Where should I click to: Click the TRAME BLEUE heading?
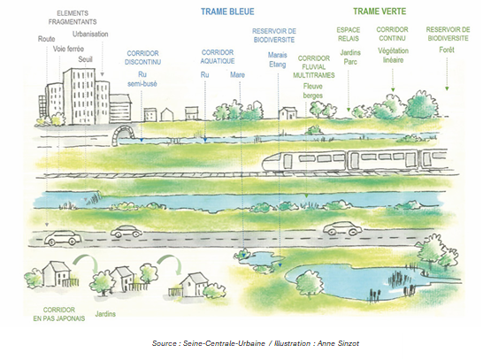(x=227, y=11)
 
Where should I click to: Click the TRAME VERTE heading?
(x=379, y=11)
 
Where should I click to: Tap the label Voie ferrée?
(x=68, y=49)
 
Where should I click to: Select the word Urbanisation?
(x=90, y=34)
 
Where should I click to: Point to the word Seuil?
(x=85, y=59)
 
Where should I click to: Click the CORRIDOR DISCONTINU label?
(x=142, y=57)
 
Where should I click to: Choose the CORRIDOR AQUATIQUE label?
(x=218, y=57)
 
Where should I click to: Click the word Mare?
(x=237, y=75)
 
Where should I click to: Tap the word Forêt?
(x=447, y=50)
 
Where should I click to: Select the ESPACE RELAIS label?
(x=349, y=34)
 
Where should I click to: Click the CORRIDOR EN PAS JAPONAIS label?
(x=59, y=314)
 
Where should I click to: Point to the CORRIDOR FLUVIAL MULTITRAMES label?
(x=313, y=67)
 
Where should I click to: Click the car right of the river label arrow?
(x=342, y=228)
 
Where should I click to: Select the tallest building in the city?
(x=79, y=96)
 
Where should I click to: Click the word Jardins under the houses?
(x=105, y=314)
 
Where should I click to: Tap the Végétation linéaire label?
(x=393, y=55)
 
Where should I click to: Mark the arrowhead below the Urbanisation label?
(x=103, y=74)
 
